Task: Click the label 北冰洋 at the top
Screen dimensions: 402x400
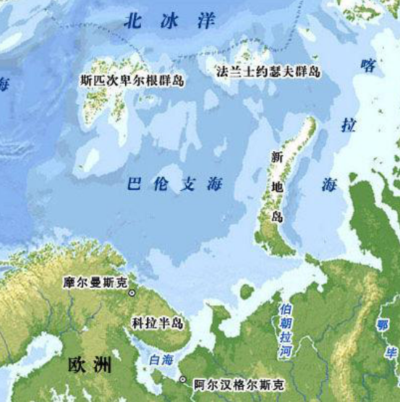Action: pos(169,20)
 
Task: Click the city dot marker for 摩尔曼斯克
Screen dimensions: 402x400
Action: pos(132,293)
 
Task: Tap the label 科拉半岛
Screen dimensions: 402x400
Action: pos(157,322)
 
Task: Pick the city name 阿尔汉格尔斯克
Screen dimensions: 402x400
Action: pos(238,385)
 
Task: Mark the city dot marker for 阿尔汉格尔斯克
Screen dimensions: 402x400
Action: pos(183,380)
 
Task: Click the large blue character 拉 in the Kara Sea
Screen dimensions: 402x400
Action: pos(349,124)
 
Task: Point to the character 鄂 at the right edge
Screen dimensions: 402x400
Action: pos(383,325)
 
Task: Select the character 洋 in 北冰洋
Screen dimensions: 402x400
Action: pos(206,20)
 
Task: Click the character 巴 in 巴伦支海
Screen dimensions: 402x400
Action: pos(132,184)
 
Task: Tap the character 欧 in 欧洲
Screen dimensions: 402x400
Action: pos(77,364)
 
